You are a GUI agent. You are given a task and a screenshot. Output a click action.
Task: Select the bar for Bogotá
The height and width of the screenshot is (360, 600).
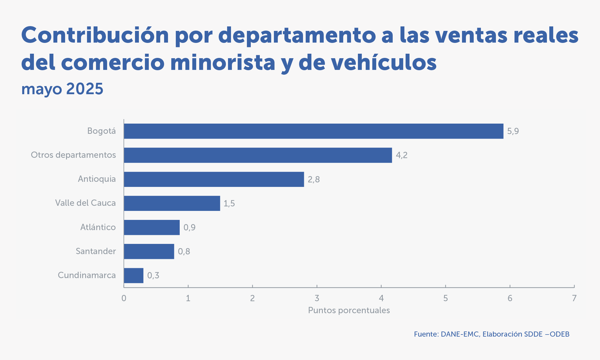coord(313,131)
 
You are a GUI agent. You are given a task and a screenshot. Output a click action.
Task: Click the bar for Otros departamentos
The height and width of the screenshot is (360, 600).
coord(258,155)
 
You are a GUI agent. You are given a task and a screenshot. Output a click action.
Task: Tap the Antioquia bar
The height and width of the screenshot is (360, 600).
coord(214,179)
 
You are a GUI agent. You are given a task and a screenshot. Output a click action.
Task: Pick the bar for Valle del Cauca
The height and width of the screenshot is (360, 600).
coord(172,203)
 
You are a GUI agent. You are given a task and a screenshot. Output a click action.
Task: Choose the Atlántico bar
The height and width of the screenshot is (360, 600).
coord(152,227)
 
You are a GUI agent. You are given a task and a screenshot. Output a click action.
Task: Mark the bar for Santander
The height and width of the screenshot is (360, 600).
coord(149,251)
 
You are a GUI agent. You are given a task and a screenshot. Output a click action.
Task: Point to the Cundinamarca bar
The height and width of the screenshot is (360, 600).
coord(133,275)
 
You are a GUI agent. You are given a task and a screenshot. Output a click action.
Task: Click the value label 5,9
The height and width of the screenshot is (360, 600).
coord(513,131)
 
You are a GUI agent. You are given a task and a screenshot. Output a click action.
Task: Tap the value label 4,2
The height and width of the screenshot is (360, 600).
coord(401,155)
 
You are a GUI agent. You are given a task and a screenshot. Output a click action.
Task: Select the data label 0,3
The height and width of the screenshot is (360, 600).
coord(153,275)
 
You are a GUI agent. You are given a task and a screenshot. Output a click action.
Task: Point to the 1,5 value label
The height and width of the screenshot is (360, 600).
coord(229,203)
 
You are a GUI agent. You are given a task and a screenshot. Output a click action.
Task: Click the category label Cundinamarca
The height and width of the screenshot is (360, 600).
coord(87,275)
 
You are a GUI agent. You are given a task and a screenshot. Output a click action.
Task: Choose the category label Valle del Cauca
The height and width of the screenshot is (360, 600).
coord(85,203)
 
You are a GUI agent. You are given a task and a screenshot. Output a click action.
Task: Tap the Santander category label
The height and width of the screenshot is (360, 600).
coord(96,251)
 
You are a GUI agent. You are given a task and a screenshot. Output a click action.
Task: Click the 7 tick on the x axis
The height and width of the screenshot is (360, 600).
coord(574,298)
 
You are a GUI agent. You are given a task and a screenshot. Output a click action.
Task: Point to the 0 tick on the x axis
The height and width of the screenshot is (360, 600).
coord(124,298)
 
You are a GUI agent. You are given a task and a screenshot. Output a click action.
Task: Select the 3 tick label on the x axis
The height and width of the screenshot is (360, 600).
coord(317,298)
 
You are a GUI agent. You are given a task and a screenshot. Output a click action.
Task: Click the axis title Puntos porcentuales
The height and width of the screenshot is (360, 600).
coord(349,310)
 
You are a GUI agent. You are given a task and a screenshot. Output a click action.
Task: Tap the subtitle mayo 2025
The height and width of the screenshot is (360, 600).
coord(62,89)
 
